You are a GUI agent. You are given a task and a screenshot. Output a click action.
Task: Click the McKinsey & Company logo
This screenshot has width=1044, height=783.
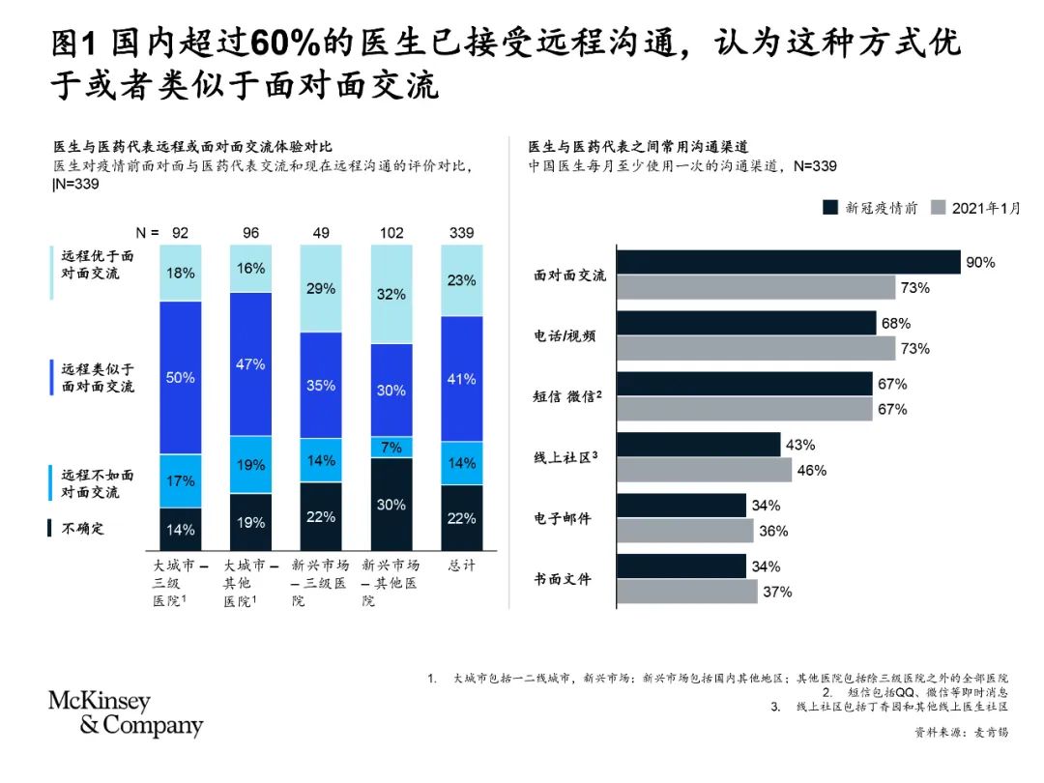(126, 714)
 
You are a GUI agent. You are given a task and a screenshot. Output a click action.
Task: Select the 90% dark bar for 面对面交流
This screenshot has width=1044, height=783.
(788, 262)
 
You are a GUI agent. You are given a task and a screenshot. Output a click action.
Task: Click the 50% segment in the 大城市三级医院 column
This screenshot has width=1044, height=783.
(181, 377)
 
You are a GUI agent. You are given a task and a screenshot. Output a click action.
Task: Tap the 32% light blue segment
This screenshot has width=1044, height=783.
(391, 294)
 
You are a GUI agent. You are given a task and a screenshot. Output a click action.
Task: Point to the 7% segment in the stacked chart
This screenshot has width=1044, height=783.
(391, 447)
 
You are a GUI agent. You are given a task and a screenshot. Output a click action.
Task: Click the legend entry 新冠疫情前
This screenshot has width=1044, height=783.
(870, 207)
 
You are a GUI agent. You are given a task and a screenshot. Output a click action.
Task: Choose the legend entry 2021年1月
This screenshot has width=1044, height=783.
(974, 207)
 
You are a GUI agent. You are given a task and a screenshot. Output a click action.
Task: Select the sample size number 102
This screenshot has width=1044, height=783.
(391, 232)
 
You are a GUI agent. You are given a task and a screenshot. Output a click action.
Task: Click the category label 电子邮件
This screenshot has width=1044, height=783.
(563, 519)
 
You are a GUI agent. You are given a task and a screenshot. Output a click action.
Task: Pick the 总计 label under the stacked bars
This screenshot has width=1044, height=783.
(461, 565)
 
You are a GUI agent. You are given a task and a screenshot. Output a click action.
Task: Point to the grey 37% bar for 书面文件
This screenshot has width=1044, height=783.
(685, 592)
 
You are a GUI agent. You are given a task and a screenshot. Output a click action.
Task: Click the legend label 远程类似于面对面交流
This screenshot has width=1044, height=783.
(97, 378)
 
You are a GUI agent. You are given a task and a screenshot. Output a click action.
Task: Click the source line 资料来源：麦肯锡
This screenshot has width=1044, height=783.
(961, 733)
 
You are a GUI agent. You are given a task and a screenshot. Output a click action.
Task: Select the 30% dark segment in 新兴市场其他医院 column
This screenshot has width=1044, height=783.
(391, 503)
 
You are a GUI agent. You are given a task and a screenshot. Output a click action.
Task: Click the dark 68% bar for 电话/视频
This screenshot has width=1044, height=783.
(746, 323)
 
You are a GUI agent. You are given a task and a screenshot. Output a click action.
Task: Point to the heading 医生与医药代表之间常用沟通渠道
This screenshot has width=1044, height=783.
(638, 147)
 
